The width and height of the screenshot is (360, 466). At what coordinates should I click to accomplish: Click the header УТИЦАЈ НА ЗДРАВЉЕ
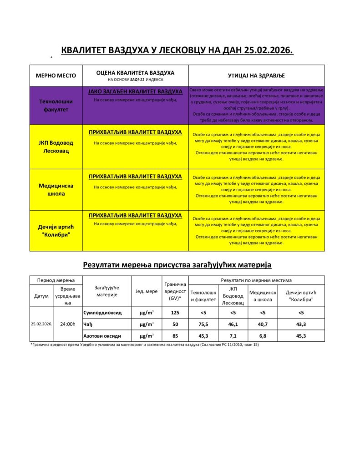[x=256, y=76]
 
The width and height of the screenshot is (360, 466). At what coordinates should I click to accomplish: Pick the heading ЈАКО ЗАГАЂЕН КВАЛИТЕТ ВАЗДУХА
[x=135, y=92]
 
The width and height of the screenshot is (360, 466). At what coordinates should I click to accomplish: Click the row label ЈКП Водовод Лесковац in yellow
[x=56, y=147]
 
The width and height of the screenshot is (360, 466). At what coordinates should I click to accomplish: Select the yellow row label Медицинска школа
[x=56, y=189]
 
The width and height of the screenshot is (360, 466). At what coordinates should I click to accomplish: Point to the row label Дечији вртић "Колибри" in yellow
[x=56, y=230]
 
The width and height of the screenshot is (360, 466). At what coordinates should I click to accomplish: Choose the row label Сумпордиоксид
[x=102, y=313]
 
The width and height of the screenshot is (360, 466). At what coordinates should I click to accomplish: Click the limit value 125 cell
[x=175, y=313]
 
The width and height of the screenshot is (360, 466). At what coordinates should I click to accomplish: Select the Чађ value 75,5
[x=203, y=324]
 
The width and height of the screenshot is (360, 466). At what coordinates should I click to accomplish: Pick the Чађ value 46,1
[x=233, y=324]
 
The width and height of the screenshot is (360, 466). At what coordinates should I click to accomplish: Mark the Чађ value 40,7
[x=263, y=324]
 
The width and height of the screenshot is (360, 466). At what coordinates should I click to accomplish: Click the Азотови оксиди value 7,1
[x=233, y=336]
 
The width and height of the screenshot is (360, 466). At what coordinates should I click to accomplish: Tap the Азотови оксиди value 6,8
[x=263, y=336]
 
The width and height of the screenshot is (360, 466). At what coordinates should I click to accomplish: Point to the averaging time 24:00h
[x=68, y=324]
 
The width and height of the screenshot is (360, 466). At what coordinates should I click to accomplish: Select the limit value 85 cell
[x=175, y=336]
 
